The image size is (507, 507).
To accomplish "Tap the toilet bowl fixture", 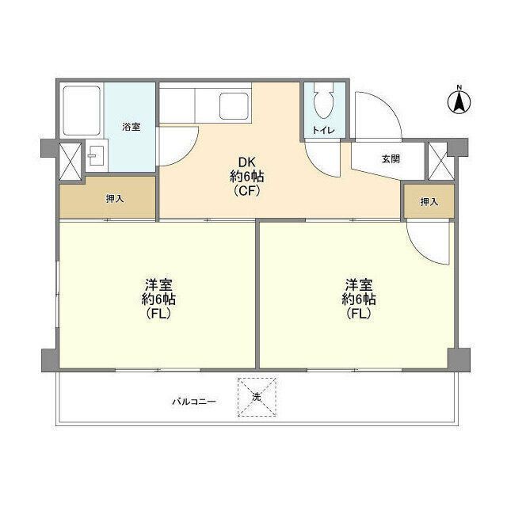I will tap(322, 103).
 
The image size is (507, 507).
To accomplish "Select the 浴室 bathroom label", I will tap(132, 127).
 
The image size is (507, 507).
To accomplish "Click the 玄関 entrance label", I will tap(391, 158).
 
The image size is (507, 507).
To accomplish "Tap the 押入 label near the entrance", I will tap(429, 202).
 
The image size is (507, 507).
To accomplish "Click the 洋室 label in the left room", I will tap(158, 284).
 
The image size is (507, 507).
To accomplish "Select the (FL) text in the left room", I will tap(158, 313).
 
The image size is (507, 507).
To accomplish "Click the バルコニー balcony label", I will tap(194, 402).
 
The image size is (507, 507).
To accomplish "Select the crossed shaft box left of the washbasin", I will tap(70, 158).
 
